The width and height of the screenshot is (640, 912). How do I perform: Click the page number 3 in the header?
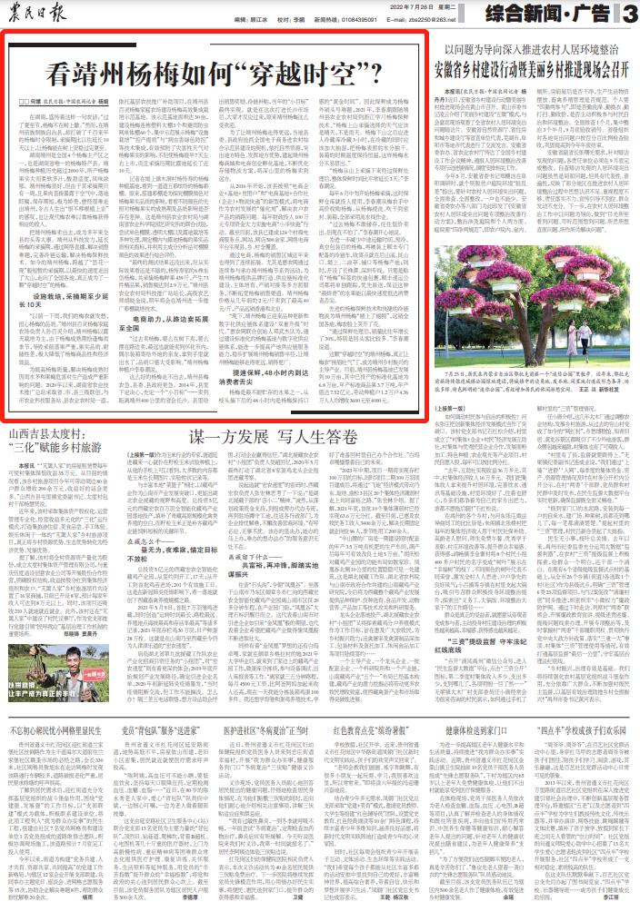tap(630, 13)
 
